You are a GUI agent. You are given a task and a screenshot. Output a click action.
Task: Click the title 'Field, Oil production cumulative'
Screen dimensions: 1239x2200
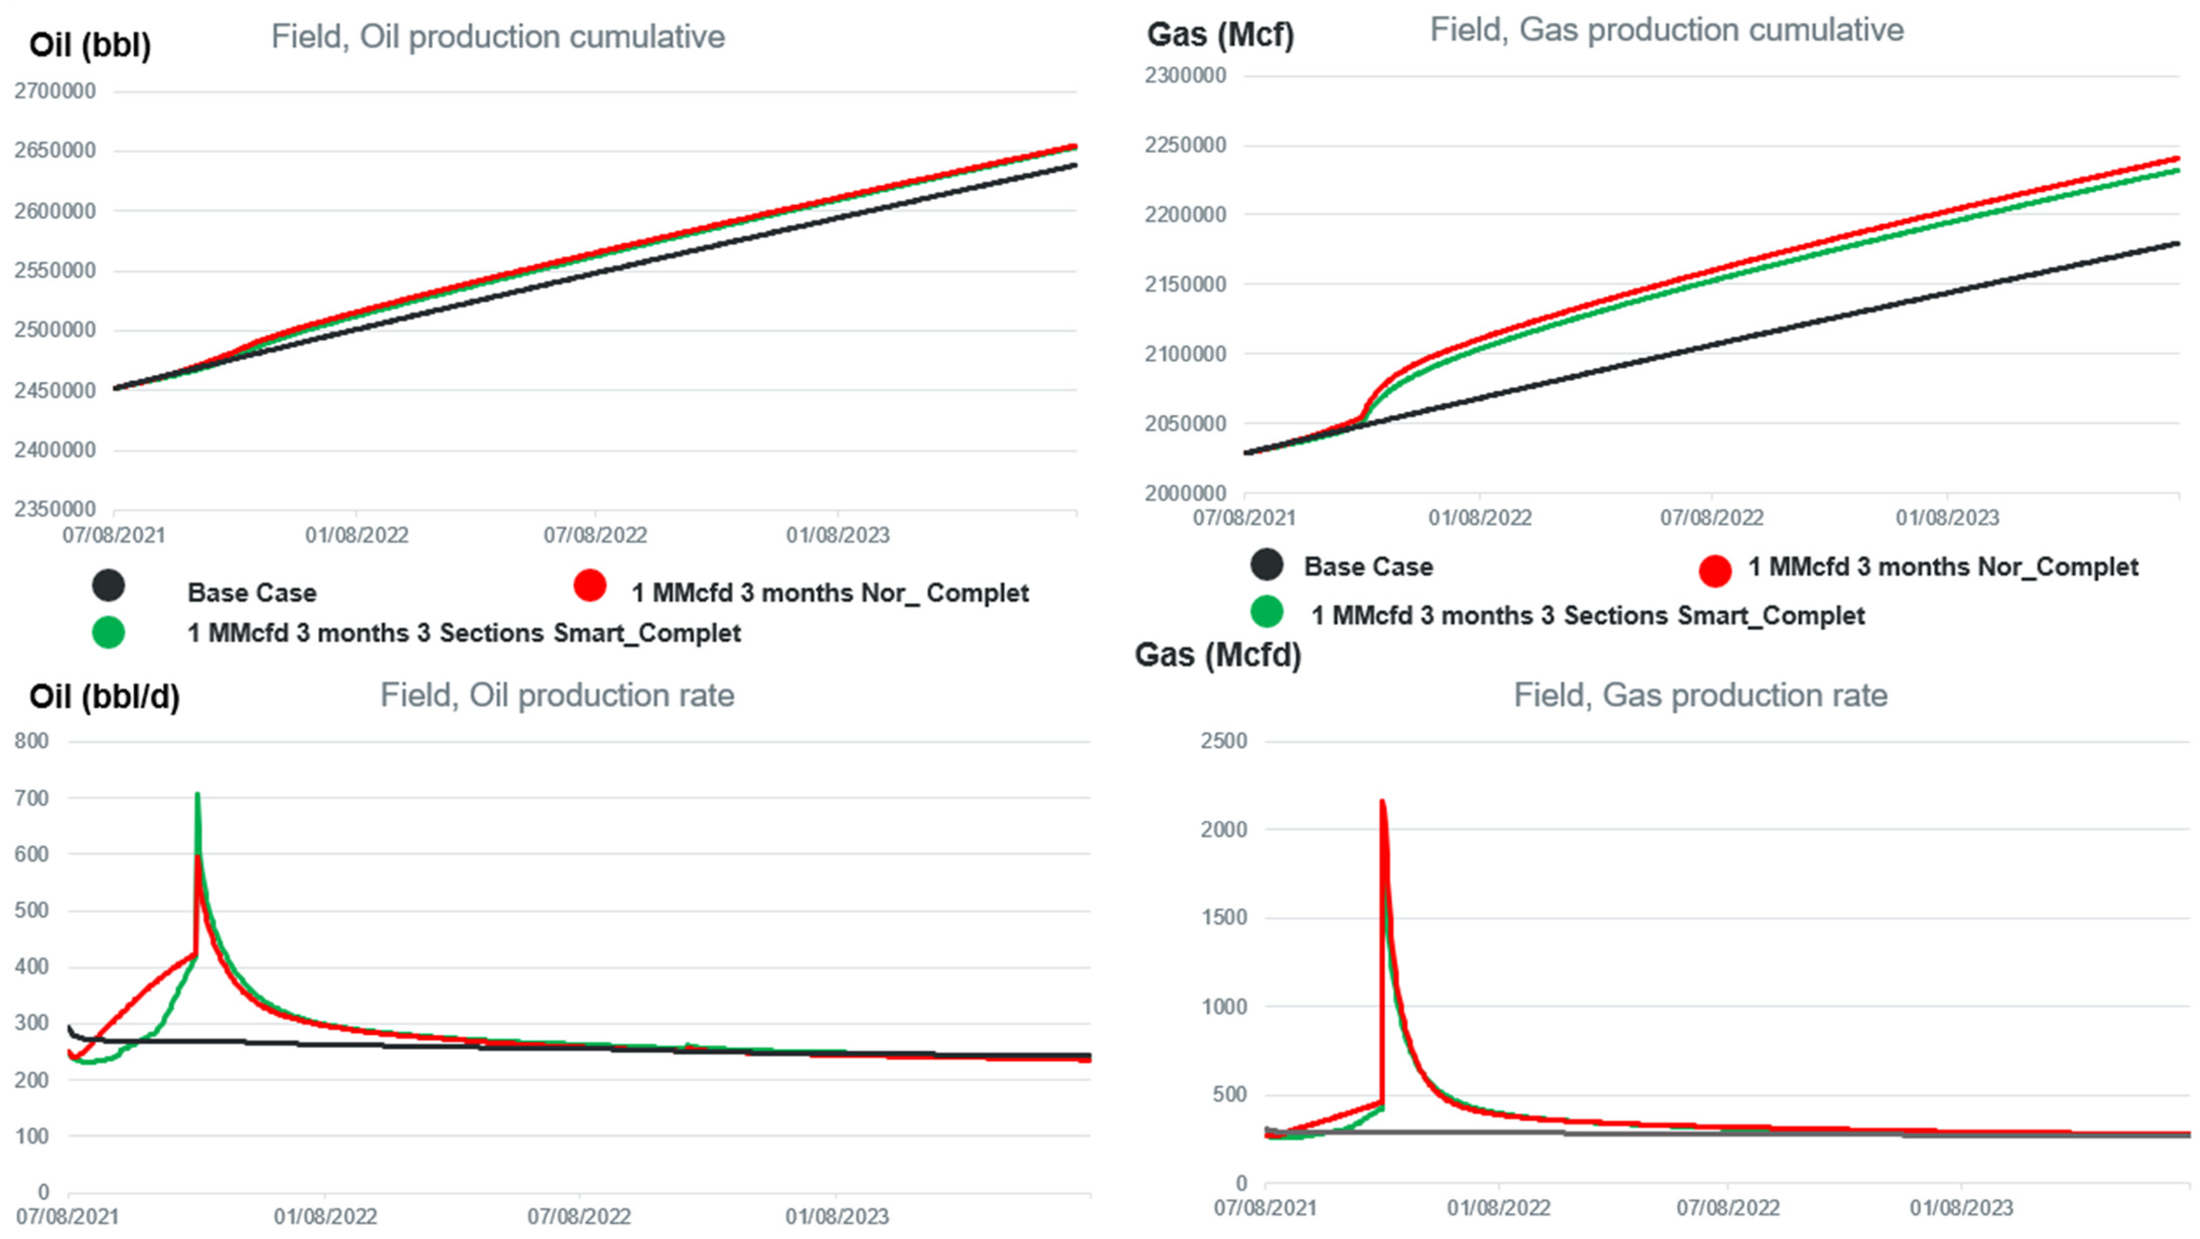click(x=498, y=37)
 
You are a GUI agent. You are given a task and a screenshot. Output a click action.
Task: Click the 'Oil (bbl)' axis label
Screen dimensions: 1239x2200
click(x=90, y=44)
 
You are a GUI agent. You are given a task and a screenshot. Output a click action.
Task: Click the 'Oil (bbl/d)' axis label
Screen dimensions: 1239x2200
click(x=104, y=697)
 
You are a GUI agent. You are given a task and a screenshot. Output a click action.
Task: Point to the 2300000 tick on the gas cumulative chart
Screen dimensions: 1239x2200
click(x=1185, y=75)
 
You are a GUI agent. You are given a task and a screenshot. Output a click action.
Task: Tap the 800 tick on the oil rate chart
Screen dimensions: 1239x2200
click(x=32, y=741)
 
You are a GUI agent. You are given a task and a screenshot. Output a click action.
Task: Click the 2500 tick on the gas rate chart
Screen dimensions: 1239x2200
click(x=1224, y=741)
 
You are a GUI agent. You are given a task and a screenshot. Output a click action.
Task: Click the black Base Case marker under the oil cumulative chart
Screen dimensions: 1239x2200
click(x=108, y=586)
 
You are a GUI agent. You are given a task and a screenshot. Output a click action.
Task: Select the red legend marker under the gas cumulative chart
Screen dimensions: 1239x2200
click(x=1715, y=570)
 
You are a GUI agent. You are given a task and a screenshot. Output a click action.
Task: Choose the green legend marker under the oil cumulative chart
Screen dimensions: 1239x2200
click(x=108, y=633)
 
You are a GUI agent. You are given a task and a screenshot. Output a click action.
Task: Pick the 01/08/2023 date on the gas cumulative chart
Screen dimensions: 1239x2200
click(x=1947, y=517)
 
